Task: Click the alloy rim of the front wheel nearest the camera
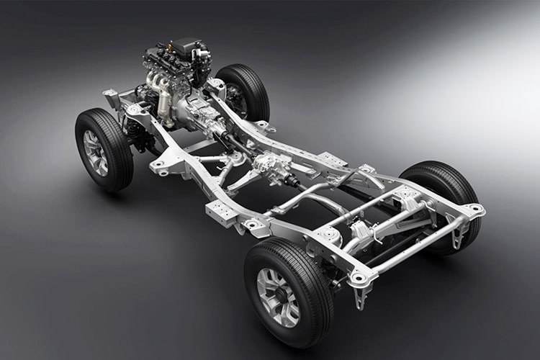click(x=96, y=153)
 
